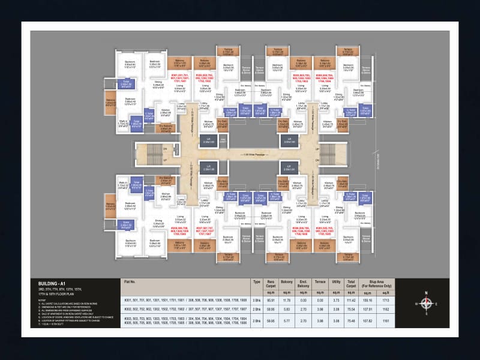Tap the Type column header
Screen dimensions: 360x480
pyautogui.click(x=257, y=281)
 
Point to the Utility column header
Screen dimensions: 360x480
pyautogui.click(x=336, y=281)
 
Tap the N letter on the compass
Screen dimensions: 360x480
pyautogui.click(x=426, y=293)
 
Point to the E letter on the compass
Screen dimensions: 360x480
pyautogui.click(x=437, y=304)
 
